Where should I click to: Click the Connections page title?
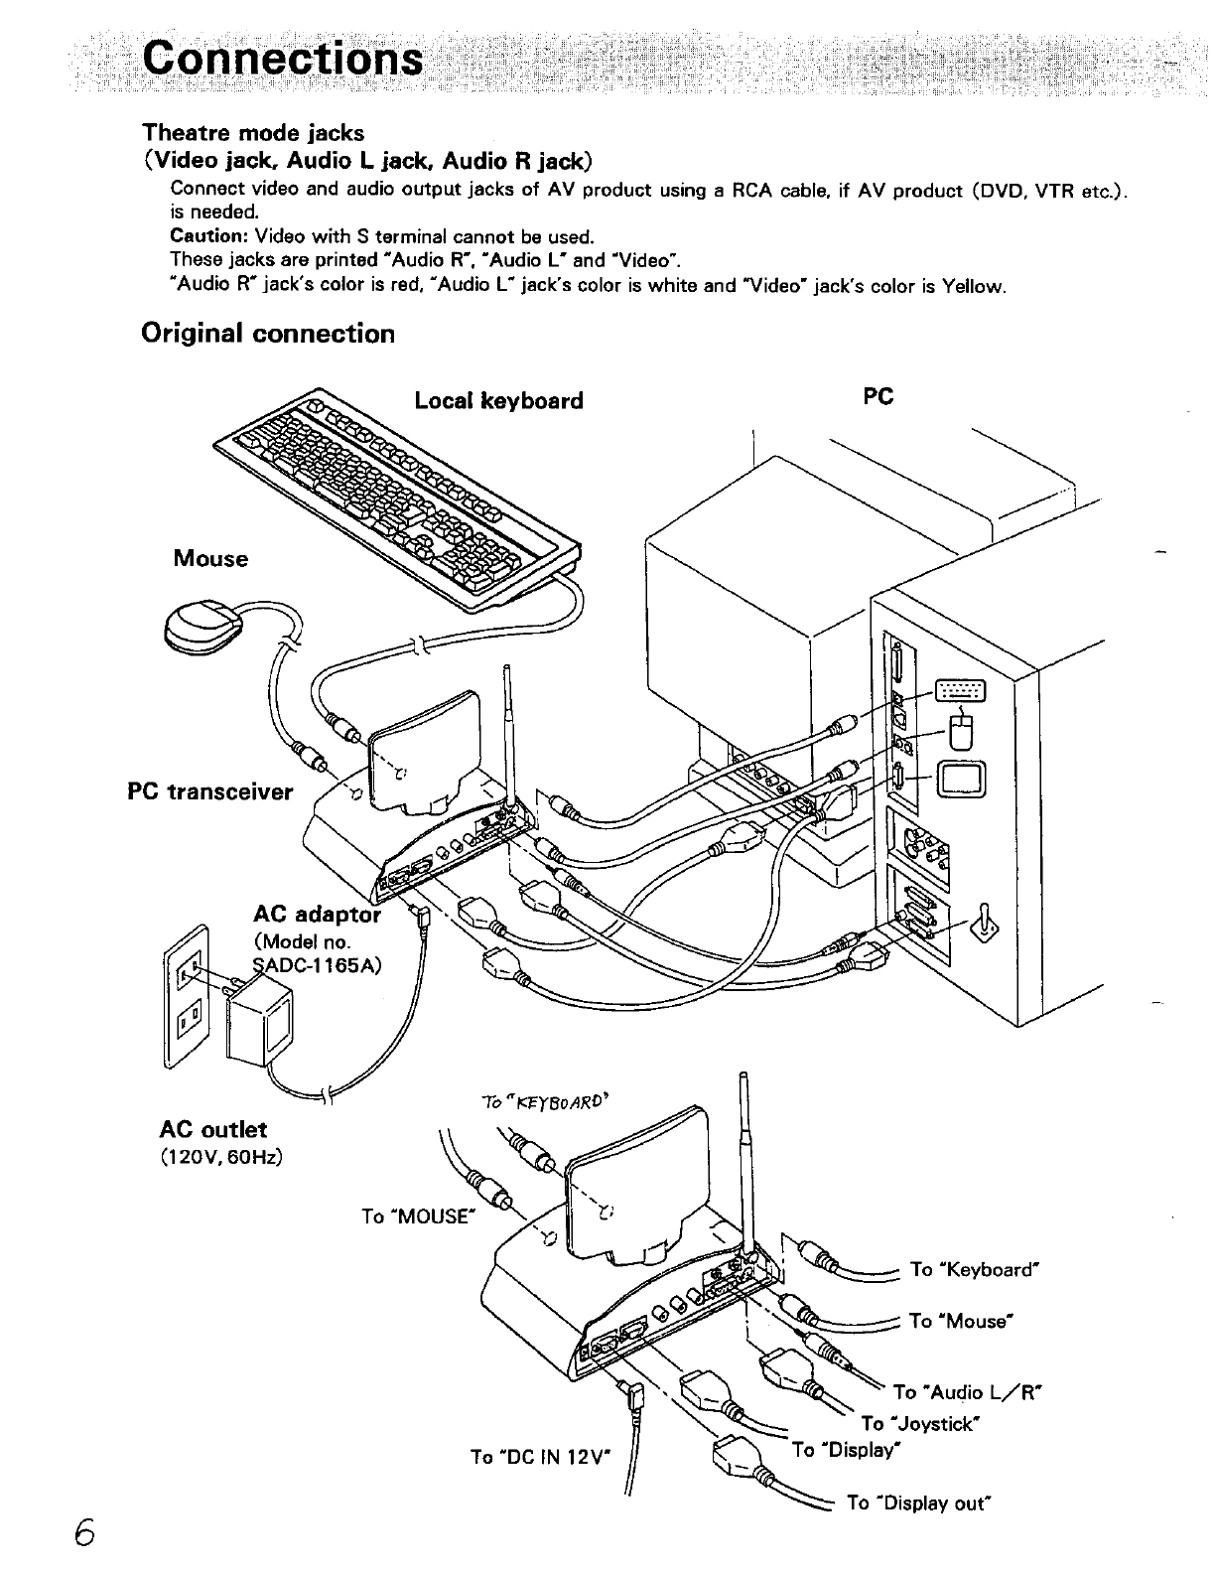point(280,59)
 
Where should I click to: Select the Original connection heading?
point(268,334)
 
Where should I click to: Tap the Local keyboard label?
point(498,401)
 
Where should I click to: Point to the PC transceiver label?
point(210,791)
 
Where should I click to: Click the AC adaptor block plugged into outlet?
point(261,1023)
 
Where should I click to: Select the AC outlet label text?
point(212,1130)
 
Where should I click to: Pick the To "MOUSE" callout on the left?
point(415,1216)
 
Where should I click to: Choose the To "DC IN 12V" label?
point(541,1457)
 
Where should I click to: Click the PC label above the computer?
point(878,396)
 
